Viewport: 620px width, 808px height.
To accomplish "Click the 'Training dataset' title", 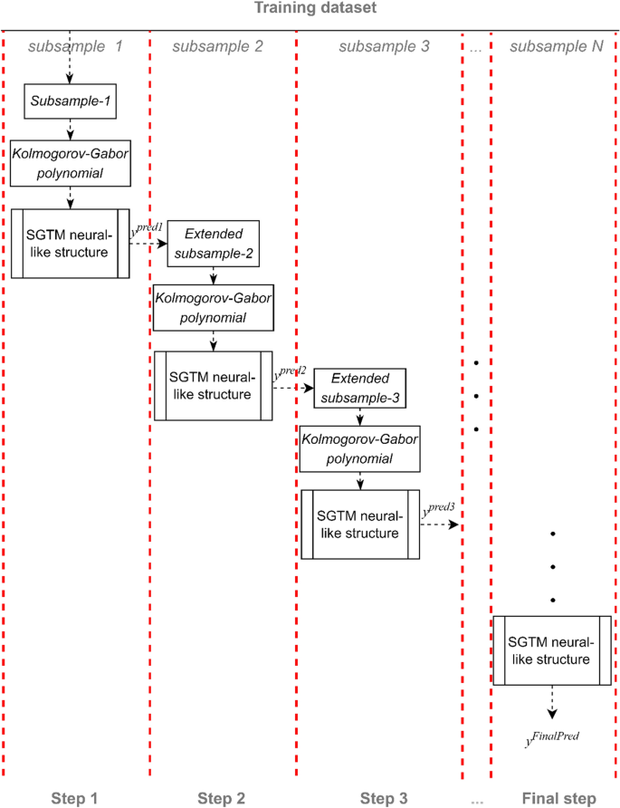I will (310, 8).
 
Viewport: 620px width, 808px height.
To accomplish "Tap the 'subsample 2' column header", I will (217, 46).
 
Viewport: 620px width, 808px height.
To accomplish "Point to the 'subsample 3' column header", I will (384, 46).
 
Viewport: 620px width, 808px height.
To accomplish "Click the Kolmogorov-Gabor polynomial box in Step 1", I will (70, 162).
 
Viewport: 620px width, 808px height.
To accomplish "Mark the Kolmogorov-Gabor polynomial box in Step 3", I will (360, 449).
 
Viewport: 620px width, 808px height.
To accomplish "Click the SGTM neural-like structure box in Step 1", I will (70, 243).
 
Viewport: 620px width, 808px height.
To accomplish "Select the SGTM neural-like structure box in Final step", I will (551, 650).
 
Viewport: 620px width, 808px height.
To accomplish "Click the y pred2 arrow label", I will (292, 373).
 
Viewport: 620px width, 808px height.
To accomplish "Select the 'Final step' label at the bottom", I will (558, 798).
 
